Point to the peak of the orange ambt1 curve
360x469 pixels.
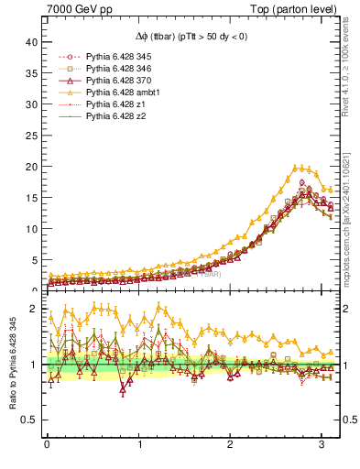(298, 168)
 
